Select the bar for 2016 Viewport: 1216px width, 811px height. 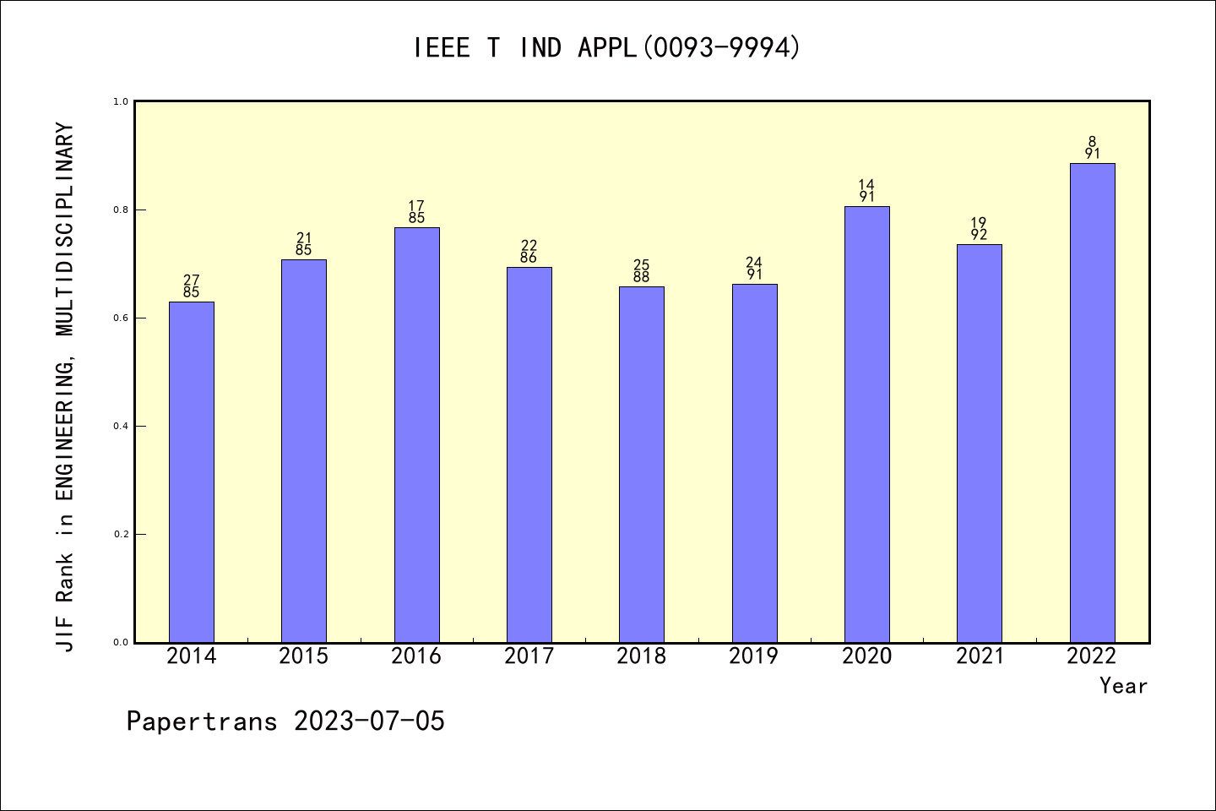point(416,434)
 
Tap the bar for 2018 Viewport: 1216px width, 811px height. point(642,464)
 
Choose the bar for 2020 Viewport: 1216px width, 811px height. point(867,424)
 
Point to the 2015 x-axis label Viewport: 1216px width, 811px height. point(304,656)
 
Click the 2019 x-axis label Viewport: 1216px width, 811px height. point(754,656)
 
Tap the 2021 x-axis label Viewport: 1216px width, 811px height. point(980,656)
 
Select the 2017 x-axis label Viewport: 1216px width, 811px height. point(529,656)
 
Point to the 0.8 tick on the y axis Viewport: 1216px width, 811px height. point(122,210)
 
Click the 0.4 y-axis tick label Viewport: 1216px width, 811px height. point(122,426)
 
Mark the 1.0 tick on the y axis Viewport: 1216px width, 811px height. point(122,101)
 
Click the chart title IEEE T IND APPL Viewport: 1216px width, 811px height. point(606,48)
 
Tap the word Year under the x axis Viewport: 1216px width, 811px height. point(1123,686)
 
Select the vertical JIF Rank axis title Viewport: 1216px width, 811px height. point(66,387)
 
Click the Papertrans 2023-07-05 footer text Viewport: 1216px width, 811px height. point(285,721)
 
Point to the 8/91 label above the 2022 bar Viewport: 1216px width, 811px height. point(1092,148)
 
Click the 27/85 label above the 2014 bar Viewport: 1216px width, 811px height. point(192,286)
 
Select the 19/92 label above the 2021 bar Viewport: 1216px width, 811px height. point(980,229)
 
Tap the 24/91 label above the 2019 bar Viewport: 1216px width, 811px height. point(754,269)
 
